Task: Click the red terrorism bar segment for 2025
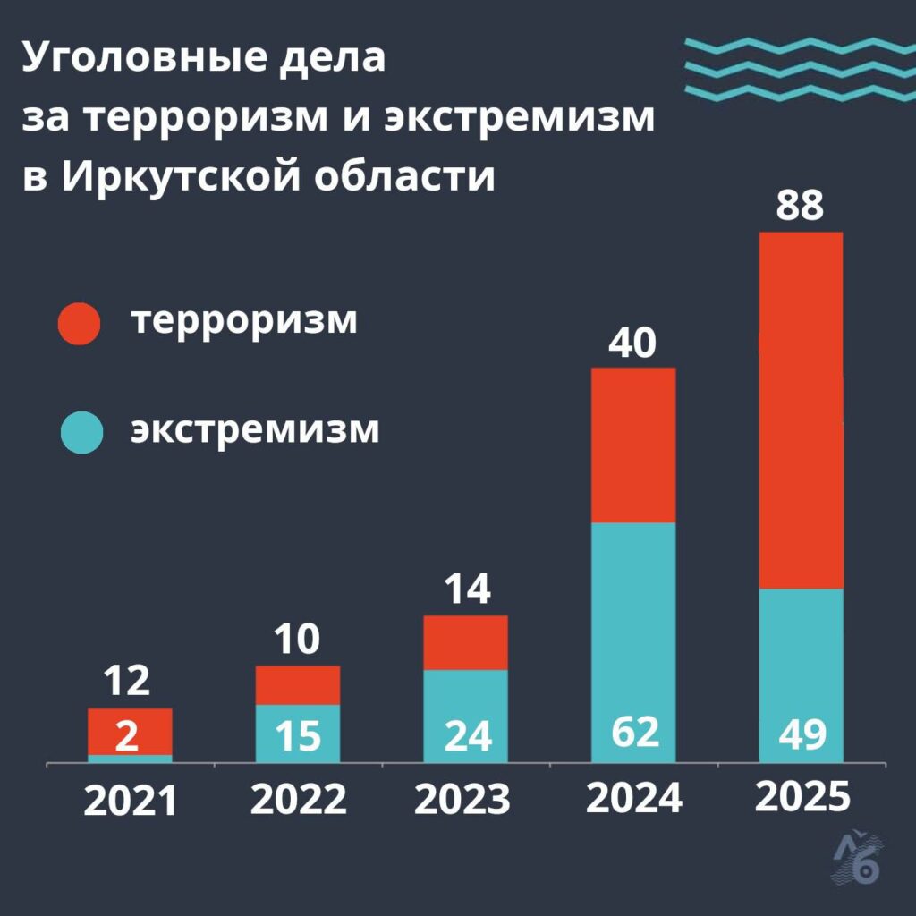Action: pyautogui.click(x=801, y=410)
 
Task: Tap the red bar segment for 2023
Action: pyautogui.click(x=465, y=642)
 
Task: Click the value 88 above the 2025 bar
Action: pyautogui.click(x=799, y=205)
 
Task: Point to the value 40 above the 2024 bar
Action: pyautogui.click(x=632, y=343)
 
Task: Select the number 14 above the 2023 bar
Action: pyautogui.click(x=465, y=589)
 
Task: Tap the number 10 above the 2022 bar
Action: pyautogui.click(x=297, y=640)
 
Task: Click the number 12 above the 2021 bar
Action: pyautogui.click(x=126, y=683)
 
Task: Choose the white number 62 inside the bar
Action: pyautogui.click(x=634, y=733)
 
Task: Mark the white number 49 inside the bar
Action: pyautogui.click(x=801, y=735)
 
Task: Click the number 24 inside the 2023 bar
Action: pyautogui.click(x=466, y=736)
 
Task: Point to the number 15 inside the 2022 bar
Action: pyautogui.click(x=298, y=736)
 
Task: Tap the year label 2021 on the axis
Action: pyautogui.click(x=131, y=801)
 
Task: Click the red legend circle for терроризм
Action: pyautogui.click(x=81, y=322)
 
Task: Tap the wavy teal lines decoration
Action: pyautogui.click(x=799, y=68)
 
